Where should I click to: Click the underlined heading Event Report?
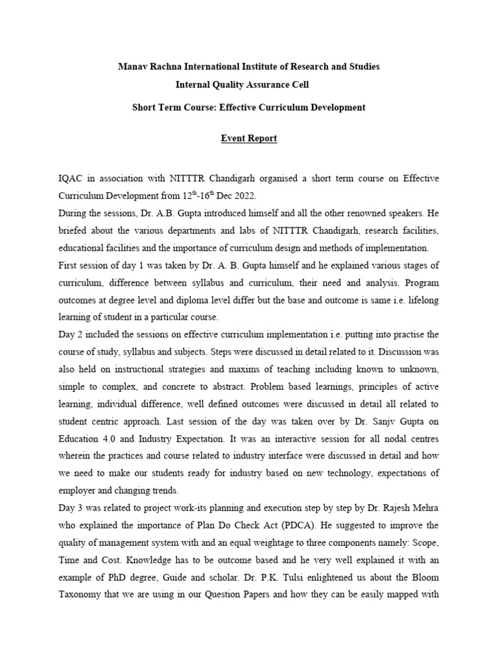[x=248, y=139]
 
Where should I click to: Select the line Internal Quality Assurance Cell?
[x=248, y=85]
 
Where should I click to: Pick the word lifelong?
[x=421, y=300]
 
